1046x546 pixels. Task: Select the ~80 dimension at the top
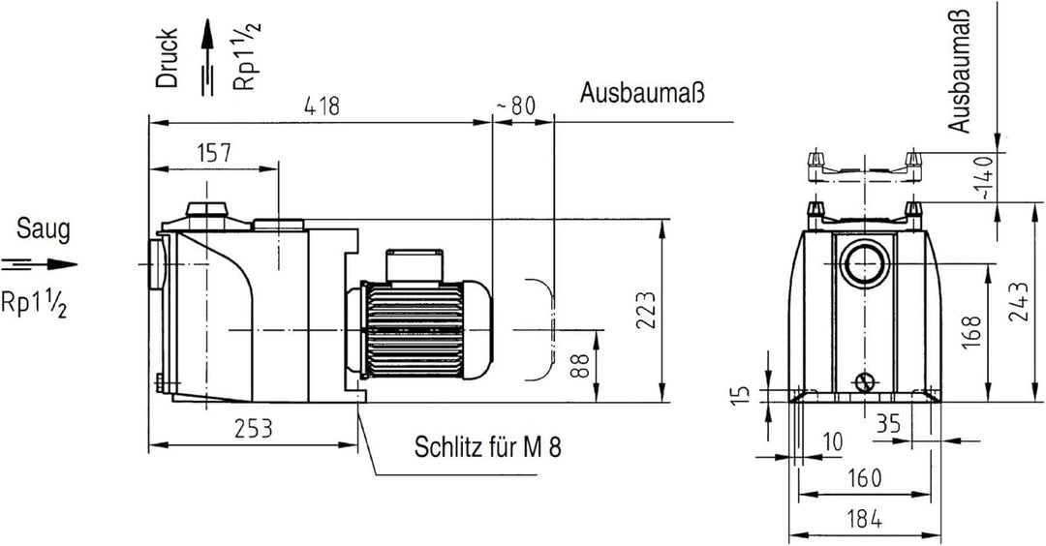(516, 106)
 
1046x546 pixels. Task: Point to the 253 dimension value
(252, 428)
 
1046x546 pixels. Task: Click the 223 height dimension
(648, 311)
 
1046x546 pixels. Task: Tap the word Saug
(43, 230)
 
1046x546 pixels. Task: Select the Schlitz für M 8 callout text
(487, 447)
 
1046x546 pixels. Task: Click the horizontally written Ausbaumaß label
(641, 94)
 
